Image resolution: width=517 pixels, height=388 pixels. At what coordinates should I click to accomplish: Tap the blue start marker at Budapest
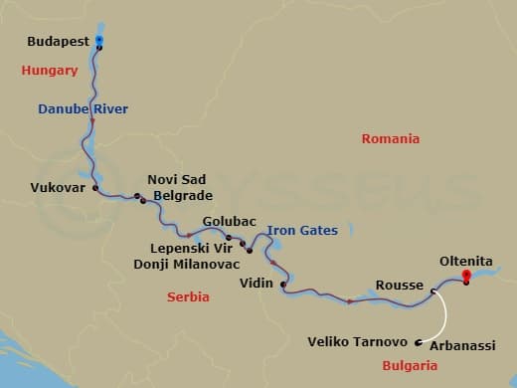click(99, 40)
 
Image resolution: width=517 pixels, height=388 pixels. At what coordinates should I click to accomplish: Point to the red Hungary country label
click(50, 71)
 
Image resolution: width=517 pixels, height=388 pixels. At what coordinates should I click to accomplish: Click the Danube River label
click(84, 108)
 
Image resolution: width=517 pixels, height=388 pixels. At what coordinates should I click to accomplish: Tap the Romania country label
click(390, 139)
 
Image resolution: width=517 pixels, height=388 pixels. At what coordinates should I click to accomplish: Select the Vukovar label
click(58, 186)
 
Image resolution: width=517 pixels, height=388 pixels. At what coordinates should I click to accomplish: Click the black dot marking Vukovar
click(95, 187)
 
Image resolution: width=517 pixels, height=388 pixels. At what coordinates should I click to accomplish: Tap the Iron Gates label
click(302, 231)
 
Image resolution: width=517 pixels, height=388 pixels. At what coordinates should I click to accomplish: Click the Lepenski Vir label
click(190, 248)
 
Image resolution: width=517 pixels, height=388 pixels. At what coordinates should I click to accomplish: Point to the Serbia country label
click(188, 296)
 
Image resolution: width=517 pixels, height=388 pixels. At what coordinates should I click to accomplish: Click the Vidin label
click(257, 284)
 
